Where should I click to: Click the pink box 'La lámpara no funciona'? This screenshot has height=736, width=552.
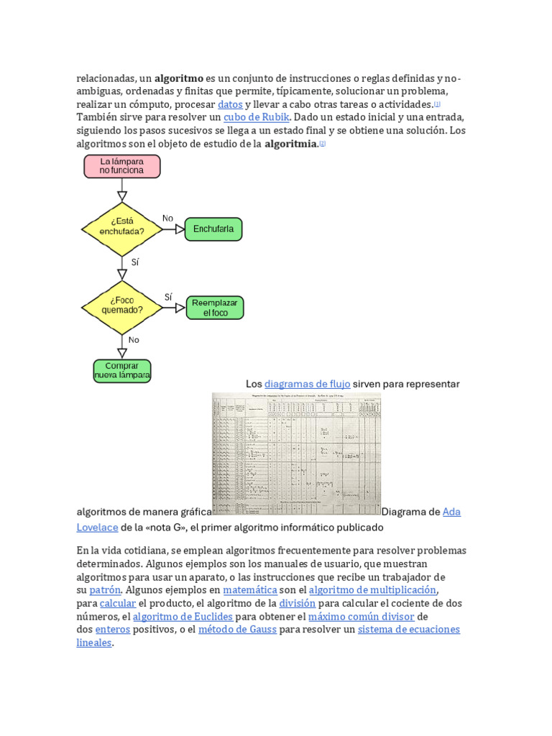(121, 166)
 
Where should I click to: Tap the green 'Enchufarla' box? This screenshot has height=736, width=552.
(213, 229)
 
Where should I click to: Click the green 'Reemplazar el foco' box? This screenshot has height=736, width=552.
(215, 308)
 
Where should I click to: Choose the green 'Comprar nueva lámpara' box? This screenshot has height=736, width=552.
(122, 370)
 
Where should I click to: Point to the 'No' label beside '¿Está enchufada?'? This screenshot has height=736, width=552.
(167, 218)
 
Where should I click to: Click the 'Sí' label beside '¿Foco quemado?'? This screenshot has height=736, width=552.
(168, 297)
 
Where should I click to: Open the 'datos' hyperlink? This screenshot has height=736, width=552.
(230, 104)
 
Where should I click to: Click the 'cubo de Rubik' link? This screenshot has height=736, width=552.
(256, 117)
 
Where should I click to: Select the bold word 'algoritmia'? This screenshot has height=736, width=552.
(290, 144)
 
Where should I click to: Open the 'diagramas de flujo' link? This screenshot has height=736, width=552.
(307, 384)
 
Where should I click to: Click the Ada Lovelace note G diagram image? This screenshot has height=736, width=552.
(296, 454)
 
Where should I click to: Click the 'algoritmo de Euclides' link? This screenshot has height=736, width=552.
(183, 617)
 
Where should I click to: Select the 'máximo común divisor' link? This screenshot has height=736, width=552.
(361, 617)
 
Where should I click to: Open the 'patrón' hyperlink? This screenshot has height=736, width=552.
(105, 590)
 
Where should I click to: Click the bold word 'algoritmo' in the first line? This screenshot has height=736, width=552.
(179, 78)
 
